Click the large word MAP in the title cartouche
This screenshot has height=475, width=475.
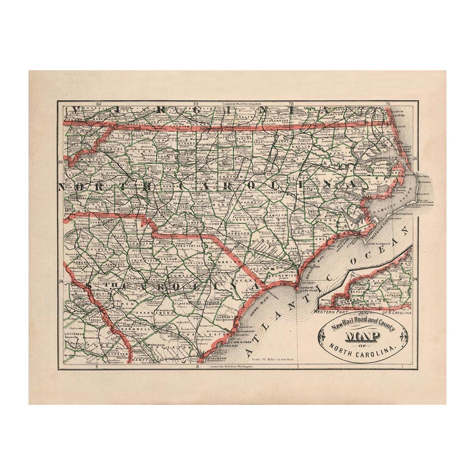point(363,337)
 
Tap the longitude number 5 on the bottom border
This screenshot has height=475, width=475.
point(97,367)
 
